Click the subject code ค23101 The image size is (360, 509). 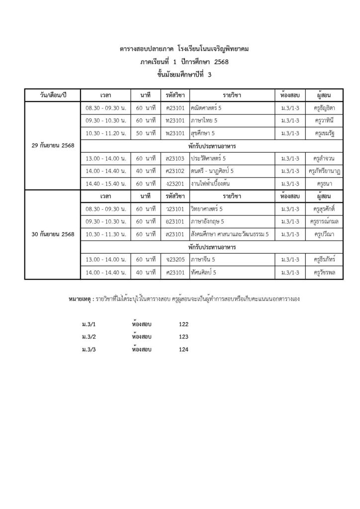(x=176, y=107)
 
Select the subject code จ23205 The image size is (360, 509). (x=176, y=259)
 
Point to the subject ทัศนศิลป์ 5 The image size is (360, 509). (x=203, y=272)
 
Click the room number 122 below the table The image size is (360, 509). (x=183, y=324)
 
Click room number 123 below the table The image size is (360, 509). (x=183, y=337)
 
